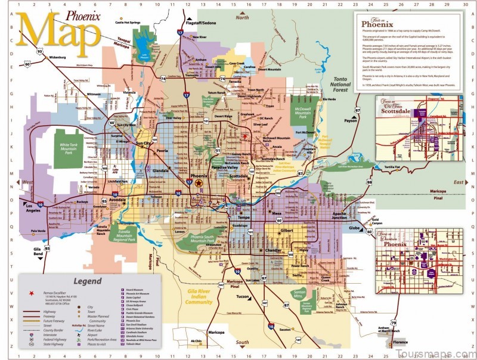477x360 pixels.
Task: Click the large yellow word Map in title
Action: [x=57, y=33]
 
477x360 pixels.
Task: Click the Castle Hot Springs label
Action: [x=128, y=22]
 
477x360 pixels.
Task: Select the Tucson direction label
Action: [x=243, y=296]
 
